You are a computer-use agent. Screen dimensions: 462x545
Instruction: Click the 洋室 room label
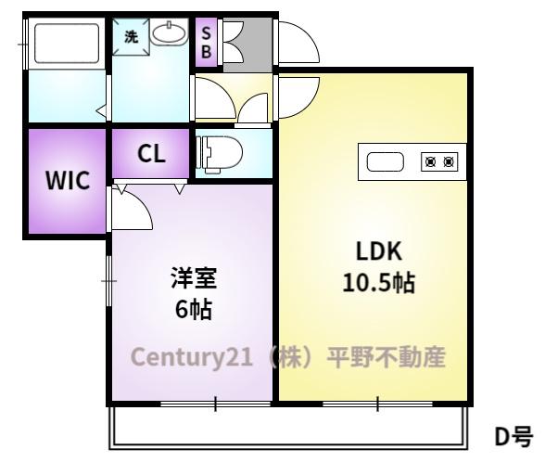tap(194, 278)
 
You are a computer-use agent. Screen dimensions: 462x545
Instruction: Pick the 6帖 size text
tap(194, 309)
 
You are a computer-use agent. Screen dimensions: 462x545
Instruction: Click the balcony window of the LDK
tap(378, 404)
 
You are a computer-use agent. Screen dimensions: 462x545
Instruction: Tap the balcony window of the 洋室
tap(216, 404)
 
